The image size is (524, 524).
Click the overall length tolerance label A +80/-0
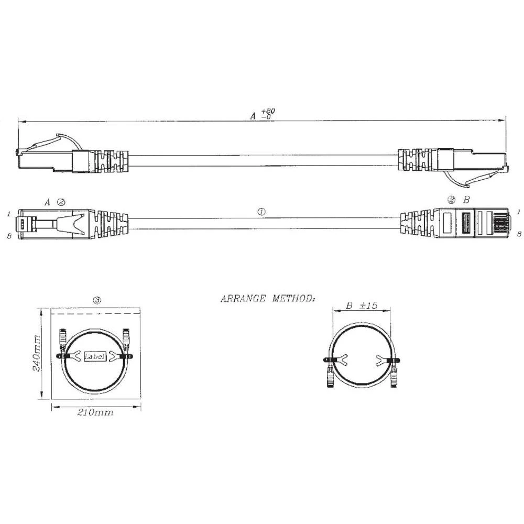(x=263, y=114)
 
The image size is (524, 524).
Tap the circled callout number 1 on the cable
(x=261, y=212)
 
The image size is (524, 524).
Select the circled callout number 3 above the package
(x=96, y=300)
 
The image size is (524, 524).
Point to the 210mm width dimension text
(x=95, y=413)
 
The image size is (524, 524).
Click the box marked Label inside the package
(x=95, y=356)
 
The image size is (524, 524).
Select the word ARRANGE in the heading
(x=244, y=299)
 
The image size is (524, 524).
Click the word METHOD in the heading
(x=293, y=299)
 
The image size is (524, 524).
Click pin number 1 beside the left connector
(x=9, y=214)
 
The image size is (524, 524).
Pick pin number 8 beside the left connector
(x=9, y=236)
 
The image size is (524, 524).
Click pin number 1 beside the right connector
(x=518, y=212)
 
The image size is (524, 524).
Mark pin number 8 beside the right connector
(x=518, y=234)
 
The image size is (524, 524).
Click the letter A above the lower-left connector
(x=47, y=201)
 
